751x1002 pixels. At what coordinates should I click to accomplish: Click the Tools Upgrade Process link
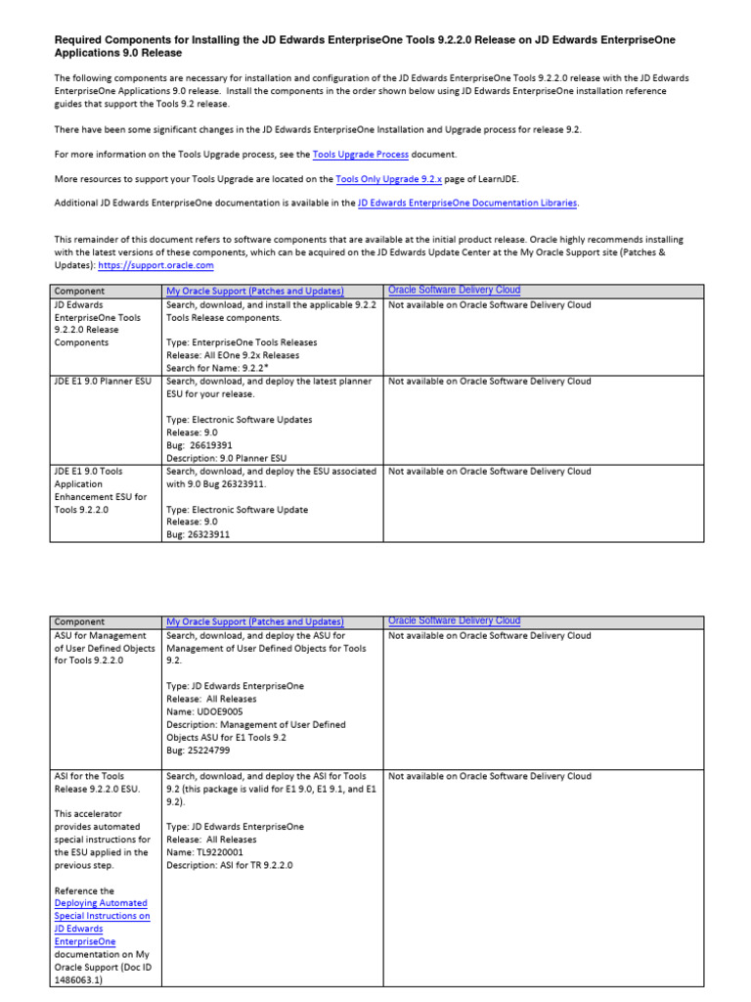pos(360,155)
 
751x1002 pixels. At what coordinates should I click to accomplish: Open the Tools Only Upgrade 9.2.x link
pos(388,179)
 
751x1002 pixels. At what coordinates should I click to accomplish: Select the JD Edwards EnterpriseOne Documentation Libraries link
pos(468,204)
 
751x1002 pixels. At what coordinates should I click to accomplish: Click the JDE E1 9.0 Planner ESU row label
pos(103,382)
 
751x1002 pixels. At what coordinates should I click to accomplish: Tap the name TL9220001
pos(228,852)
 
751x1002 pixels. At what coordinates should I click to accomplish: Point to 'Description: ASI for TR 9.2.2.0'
pos(230,865)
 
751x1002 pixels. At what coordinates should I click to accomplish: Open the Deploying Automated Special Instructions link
pos(102,916)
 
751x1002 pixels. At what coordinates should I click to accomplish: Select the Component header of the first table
pos(79,292)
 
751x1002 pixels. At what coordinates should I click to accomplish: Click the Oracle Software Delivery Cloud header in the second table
pos(454,620)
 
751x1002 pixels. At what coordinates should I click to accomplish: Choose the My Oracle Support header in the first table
pos(254,292)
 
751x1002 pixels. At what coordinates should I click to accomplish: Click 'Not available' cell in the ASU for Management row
pos(489,636)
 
